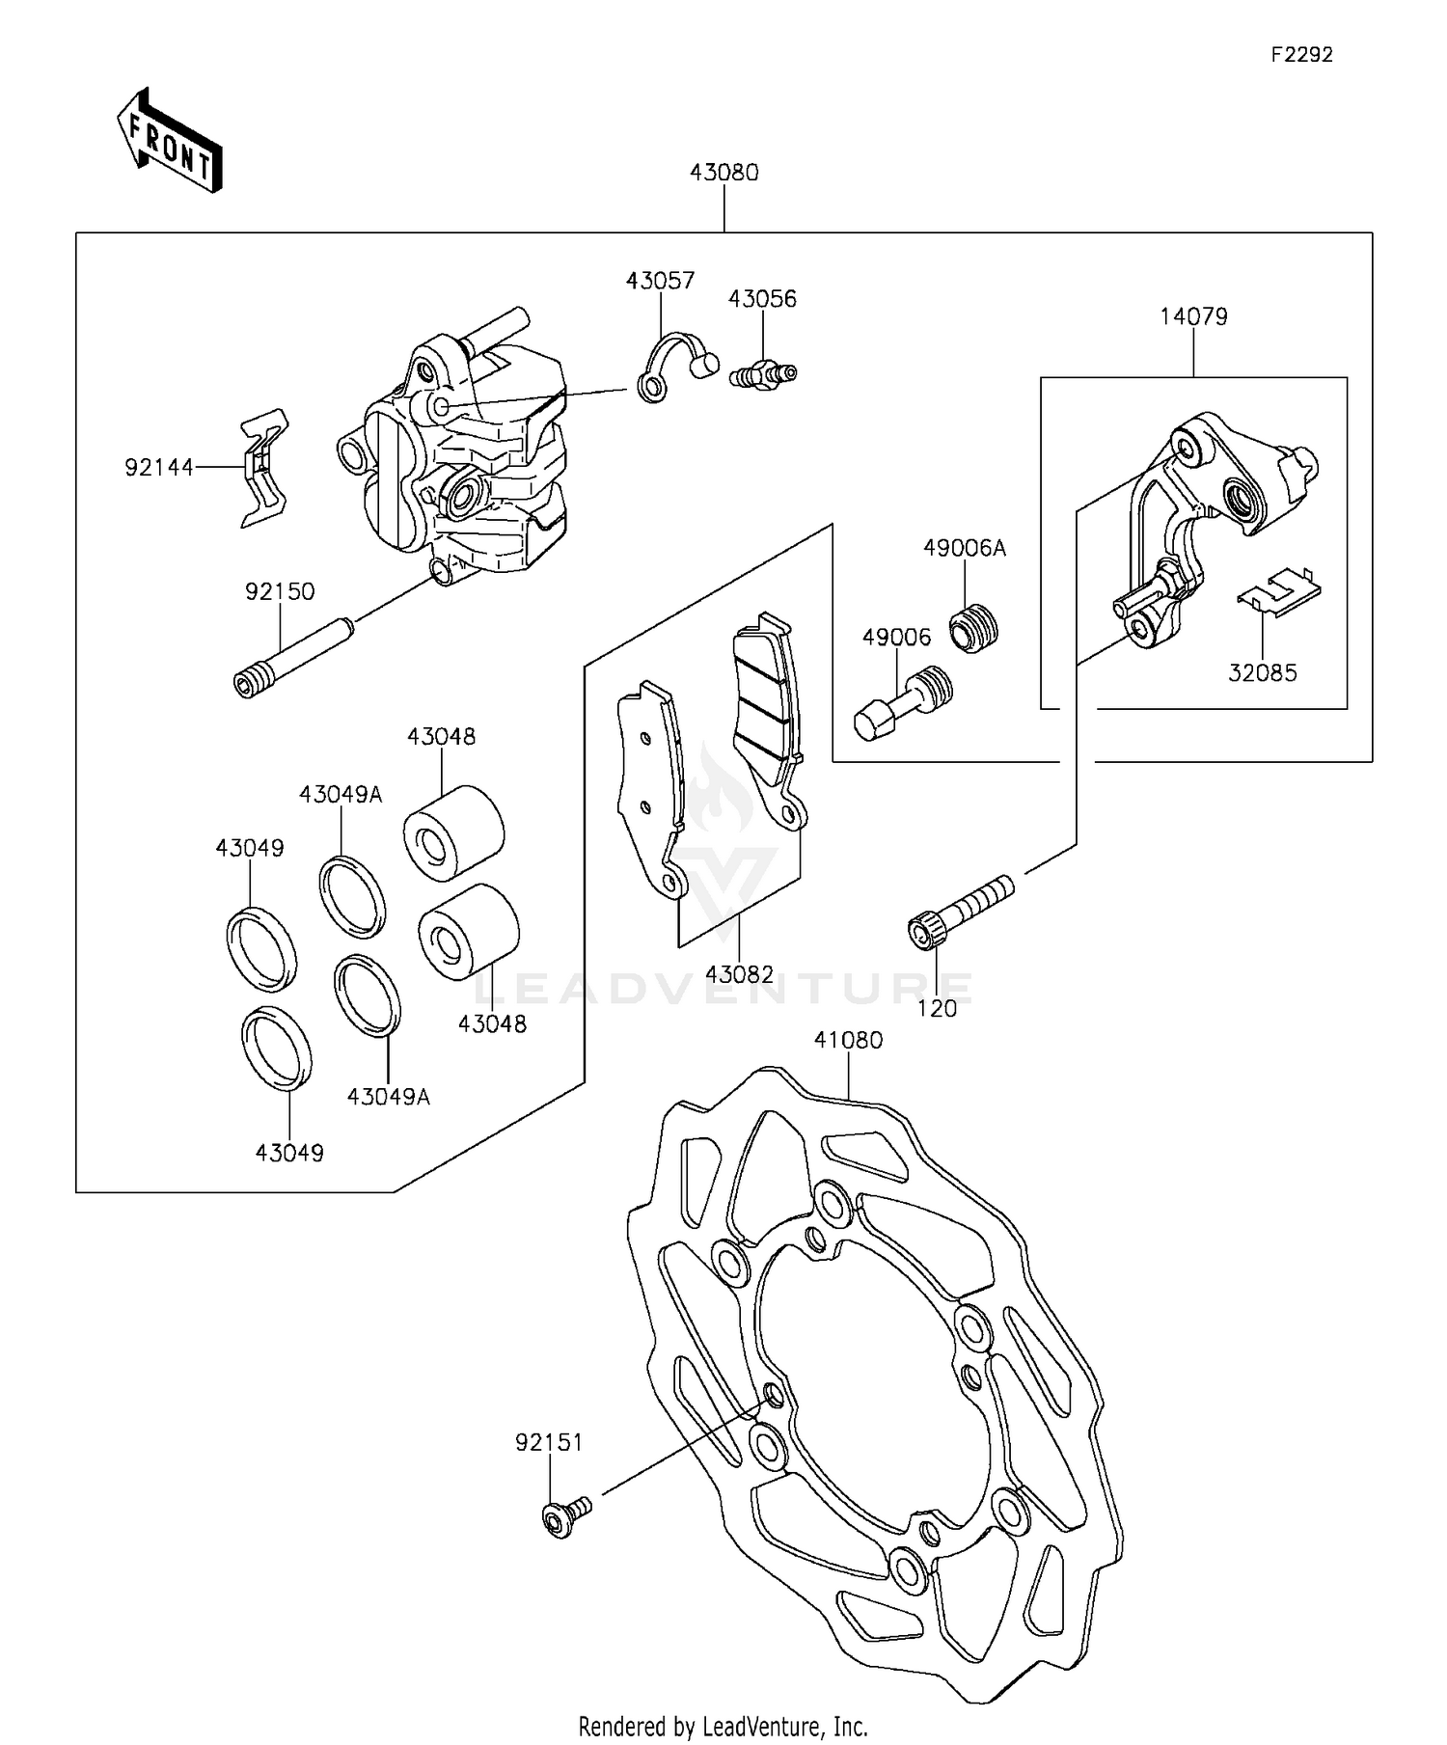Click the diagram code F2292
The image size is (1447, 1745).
click(x=1300, y=55)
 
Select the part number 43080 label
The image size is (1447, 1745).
click(x=723, y=173)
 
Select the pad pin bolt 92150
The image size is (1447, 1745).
click(x=292, y=656)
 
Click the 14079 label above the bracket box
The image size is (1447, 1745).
click(x=1193, y=316)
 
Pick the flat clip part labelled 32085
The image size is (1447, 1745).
click(x=1278, y=593)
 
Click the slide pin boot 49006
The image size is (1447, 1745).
click(x=903, y=702)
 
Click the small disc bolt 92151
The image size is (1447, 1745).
click(x=563, y=1514)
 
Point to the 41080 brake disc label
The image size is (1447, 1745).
click(x=848, y=1040)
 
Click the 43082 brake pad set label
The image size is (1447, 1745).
click(x=739, y=974)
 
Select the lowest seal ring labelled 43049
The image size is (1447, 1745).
click(x=276, y=1049)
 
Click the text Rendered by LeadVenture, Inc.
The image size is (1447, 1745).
click(x=723, y=1726)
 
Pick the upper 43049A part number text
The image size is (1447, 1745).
click(x=341, y=795)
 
